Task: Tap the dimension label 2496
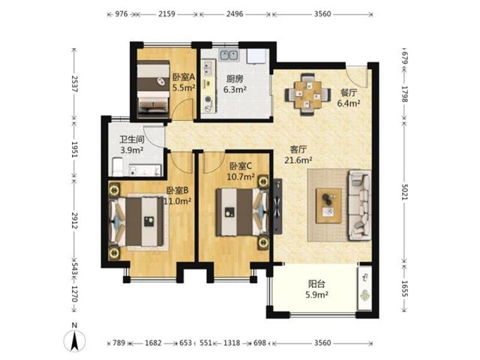point(235,13)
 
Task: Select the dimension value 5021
point(405,192)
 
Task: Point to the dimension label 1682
point(153,343)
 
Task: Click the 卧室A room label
point(184,77)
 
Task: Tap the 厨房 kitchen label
point(235,79)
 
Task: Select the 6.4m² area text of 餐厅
point(349,103)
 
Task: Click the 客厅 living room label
point(298,150)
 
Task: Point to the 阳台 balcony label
point(316,284)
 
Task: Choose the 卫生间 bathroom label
point(132,139)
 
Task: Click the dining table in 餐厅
point(308,94)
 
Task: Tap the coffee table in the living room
point(328,205)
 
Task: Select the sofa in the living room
point(360,205)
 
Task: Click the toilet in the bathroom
point(118,166)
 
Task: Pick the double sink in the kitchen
point(229,55)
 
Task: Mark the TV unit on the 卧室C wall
point(277,206)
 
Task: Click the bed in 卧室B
point(137,222)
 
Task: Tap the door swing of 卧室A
point(182,109)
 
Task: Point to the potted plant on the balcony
point(364,295)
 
